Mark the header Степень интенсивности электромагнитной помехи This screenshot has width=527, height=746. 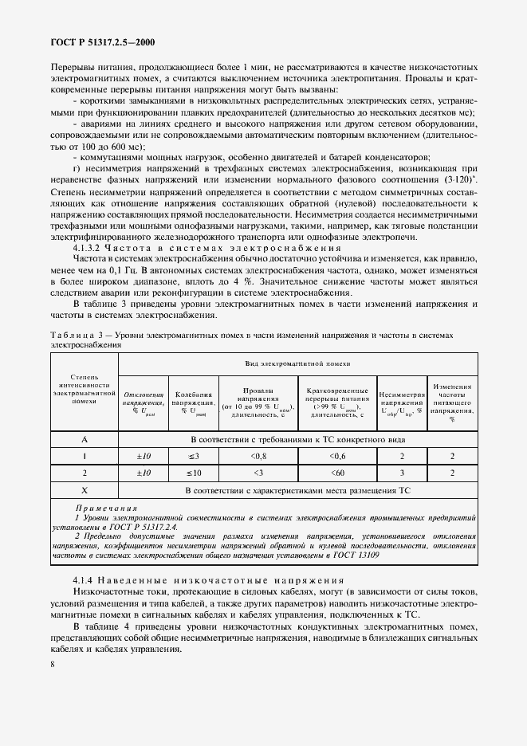click(x=84, y=388)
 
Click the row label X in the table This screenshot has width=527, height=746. click(x=84, y=490)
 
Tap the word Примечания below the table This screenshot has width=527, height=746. click(x=106, y=508)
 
